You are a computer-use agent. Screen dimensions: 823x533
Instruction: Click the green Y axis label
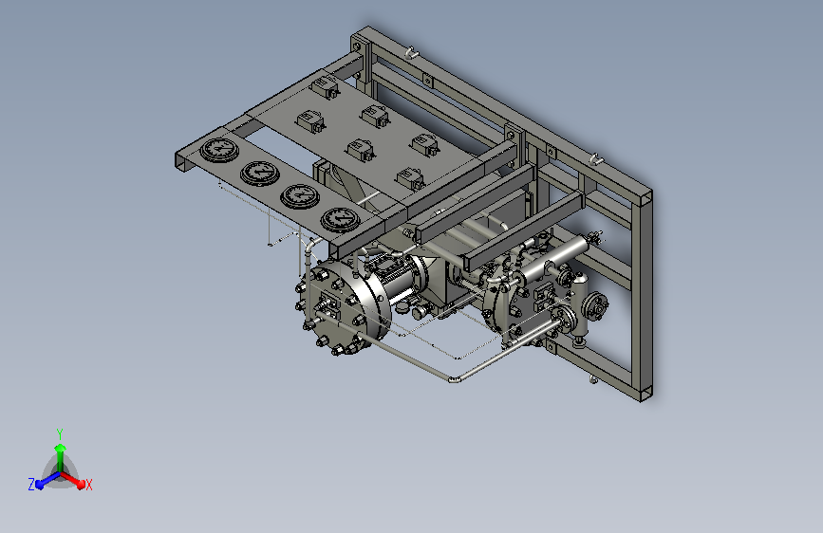click(x=59, y=433)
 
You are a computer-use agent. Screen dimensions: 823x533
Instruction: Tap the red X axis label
click(x=88, y=485)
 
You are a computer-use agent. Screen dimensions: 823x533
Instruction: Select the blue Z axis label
click(x=31, y=485)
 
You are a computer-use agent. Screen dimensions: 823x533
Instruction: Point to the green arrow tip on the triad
click(x=60, y=448)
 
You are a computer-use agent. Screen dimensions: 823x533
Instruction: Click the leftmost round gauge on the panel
click(x=219, y=150)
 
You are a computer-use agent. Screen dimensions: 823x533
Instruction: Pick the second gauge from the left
click(x=260, y=173)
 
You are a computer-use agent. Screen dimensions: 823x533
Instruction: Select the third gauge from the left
click(x=300, y=195)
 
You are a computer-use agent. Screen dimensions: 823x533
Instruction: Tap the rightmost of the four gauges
click(x=340, y=219)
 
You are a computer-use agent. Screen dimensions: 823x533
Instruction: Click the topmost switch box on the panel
click(x=326, y=86)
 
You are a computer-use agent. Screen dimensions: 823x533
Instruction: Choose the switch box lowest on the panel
click(x=410, y=178)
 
